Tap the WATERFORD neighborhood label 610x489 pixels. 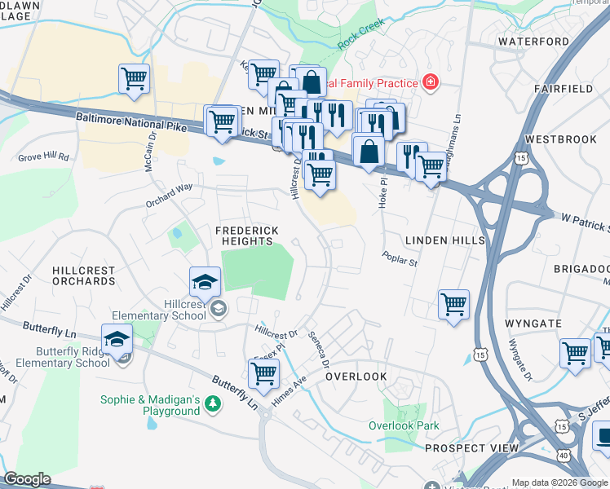[533, 42]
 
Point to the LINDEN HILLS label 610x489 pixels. [444, 240]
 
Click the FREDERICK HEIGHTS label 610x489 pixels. [244, 236]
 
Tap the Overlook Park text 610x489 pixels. [404, 425]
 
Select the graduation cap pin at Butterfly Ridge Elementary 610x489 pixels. [117, 339]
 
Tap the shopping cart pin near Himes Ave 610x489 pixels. [263, 374]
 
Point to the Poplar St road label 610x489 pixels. [400, 258]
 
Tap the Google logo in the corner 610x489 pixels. [27, 479]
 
